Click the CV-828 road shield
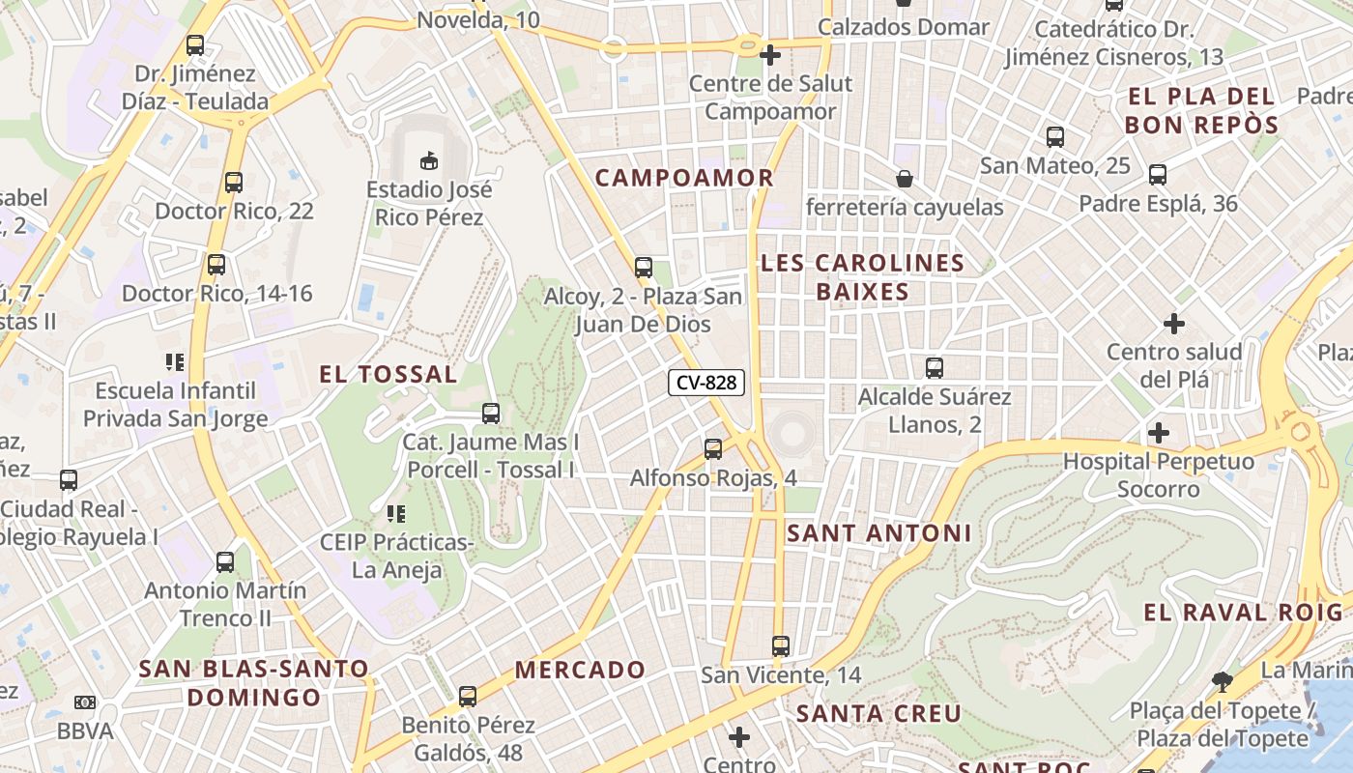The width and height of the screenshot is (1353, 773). [706, 383]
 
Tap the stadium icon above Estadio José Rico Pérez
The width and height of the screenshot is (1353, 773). [429, 158]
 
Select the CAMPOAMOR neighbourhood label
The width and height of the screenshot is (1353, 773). [684, 178]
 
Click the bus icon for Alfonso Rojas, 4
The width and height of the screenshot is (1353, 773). [713, 448]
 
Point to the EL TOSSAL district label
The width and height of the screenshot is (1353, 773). [389, 375]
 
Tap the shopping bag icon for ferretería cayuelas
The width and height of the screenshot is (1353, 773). [905, 178]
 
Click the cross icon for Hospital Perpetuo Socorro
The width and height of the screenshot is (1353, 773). [1159, 432]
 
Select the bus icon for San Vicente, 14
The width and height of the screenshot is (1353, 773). [781, 645]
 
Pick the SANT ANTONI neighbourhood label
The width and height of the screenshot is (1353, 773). [878, 533]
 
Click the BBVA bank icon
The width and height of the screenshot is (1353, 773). [85, 702]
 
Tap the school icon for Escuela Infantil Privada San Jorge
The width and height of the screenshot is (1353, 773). [175, 362]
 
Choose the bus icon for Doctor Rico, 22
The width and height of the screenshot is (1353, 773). [233, 182]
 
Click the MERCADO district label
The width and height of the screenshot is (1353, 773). [580, 670]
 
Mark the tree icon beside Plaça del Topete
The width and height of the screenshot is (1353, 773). [1222, 681]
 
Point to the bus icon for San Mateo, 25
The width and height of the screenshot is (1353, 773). [1054, 136]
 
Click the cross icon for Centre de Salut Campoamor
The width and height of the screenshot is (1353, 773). [770, 54]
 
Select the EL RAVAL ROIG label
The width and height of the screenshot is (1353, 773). [1243, 613]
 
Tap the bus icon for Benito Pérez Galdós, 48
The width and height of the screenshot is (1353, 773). [468, 696]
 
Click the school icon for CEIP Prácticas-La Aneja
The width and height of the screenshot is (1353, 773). [396, 513]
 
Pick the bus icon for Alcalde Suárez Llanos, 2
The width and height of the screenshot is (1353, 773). [935, 367]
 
